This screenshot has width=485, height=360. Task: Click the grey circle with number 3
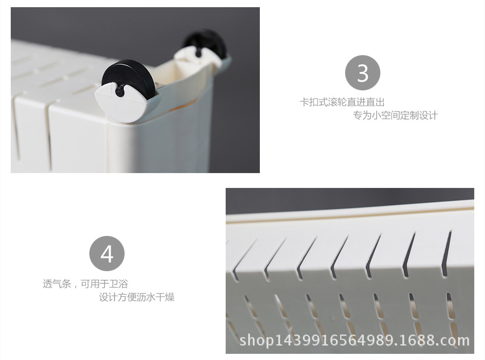coord(362,73)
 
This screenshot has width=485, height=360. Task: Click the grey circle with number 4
coord(107,253)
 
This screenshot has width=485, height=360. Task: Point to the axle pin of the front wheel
coord(119,91)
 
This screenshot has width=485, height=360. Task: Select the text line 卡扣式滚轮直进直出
coord(342,102)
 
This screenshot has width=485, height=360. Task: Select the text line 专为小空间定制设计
coord(396,115)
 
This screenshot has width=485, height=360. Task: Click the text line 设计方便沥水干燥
coord(136,297)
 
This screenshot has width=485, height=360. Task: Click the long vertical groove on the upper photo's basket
coord(48,135)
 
